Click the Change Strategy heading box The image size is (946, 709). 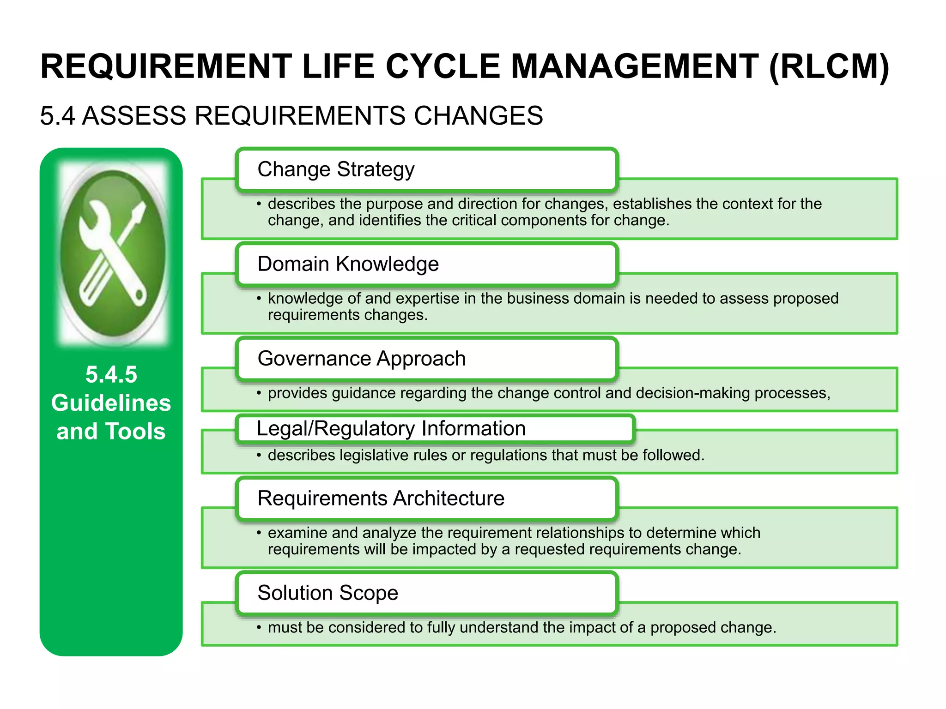pos(427,169)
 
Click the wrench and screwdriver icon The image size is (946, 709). pos(113,253)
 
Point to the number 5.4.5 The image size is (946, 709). pos(111,374)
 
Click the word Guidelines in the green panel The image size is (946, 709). pos(111,403)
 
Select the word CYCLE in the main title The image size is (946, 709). pos(443,66)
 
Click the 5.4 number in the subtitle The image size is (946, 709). pos(57,115)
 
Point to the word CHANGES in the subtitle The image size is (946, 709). pos(478,115)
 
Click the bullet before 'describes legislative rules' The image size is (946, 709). pos(259,456)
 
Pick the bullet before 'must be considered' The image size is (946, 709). pos(259,628)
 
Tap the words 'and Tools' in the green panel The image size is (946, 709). pos(111,431)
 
